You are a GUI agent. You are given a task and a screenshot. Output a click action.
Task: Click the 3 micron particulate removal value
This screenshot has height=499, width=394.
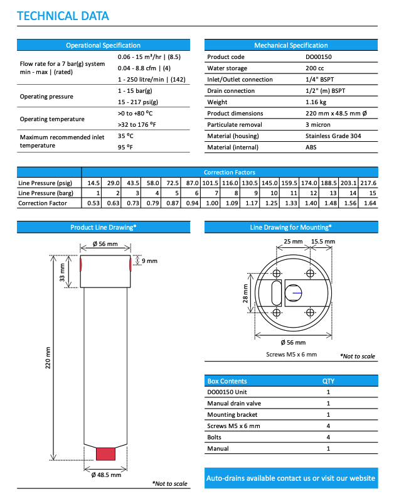318,125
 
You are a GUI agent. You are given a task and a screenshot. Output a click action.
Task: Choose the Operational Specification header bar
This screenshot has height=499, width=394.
104,45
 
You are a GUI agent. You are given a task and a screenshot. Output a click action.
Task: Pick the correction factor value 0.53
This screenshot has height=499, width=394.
94,203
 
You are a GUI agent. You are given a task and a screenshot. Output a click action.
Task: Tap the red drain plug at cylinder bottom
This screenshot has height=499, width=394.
105,453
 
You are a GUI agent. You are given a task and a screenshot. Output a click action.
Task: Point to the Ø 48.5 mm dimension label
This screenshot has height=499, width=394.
106,475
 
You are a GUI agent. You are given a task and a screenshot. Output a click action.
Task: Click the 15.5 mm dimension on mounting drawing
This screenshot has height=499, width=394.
323,241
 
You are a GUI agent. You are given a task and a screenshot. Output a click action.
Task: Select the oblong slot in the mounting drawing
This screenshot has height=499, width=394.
275,292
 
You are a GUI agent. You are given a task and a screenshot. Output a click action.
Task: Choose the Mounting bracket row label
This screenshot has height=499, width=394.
232,415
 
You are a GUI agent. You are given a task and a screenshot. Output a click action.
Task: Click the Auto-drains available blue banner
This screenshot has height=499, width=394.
291,478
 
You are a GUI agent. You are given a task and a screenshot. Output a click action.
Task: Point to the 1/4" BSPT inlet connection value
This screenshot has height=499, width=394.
320,80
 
